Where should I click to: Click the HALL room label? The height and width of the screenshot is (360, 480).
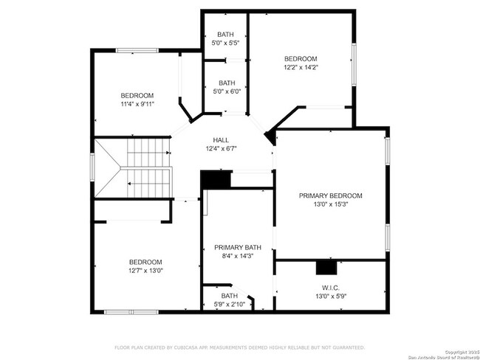pyautogui.click(x=221, y=140)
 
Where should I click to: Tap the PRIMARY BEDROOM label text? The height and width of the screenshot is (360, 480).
pyautogui.click(x=330, y=195)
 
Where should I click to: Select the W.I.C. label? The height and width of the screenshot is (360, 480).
pyautogui.click(x=330, y=288)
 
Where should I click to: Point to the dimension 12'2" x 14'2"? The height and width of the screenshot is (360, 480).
pyautogui.click(x=301, y=67)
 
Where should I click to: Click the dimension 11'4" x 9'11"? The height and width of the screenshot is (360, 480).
pyautogui.click(x=137, y=104)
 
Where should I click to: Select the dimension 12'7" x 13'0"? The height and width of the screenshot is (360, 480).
pyautogui.click(x=145, y=270)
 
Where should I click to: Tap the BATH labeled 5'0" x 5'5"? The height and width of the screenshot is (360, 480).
pyautogui.click(x=226, y=35)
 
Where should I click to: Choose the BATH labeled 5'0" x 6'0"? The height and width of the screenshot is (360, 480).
pyautogui.click(x=226, y=83)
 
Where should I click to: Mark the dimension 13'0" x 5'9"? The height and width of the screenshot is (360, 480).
pyautogui.click(x=330, y=297)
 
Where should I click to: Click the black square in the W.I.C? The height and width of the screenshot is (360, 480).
pyautogui.click(x=324, y=268)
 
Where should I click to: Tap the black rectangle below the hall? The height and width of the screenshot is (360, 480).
pyautogui.click(x=216, y=180)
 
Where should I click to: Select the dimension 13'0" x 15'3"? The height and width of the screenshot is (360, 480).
pyautogui.click(x=330, y=204)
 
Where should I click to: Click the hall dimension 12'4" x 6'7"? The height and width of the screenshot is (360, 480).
pyautogui.click(x=221, y=149)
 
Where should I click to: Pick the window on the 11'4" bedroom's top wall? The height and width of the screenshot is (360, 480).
pyautogui.click(x=137, y=50)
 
